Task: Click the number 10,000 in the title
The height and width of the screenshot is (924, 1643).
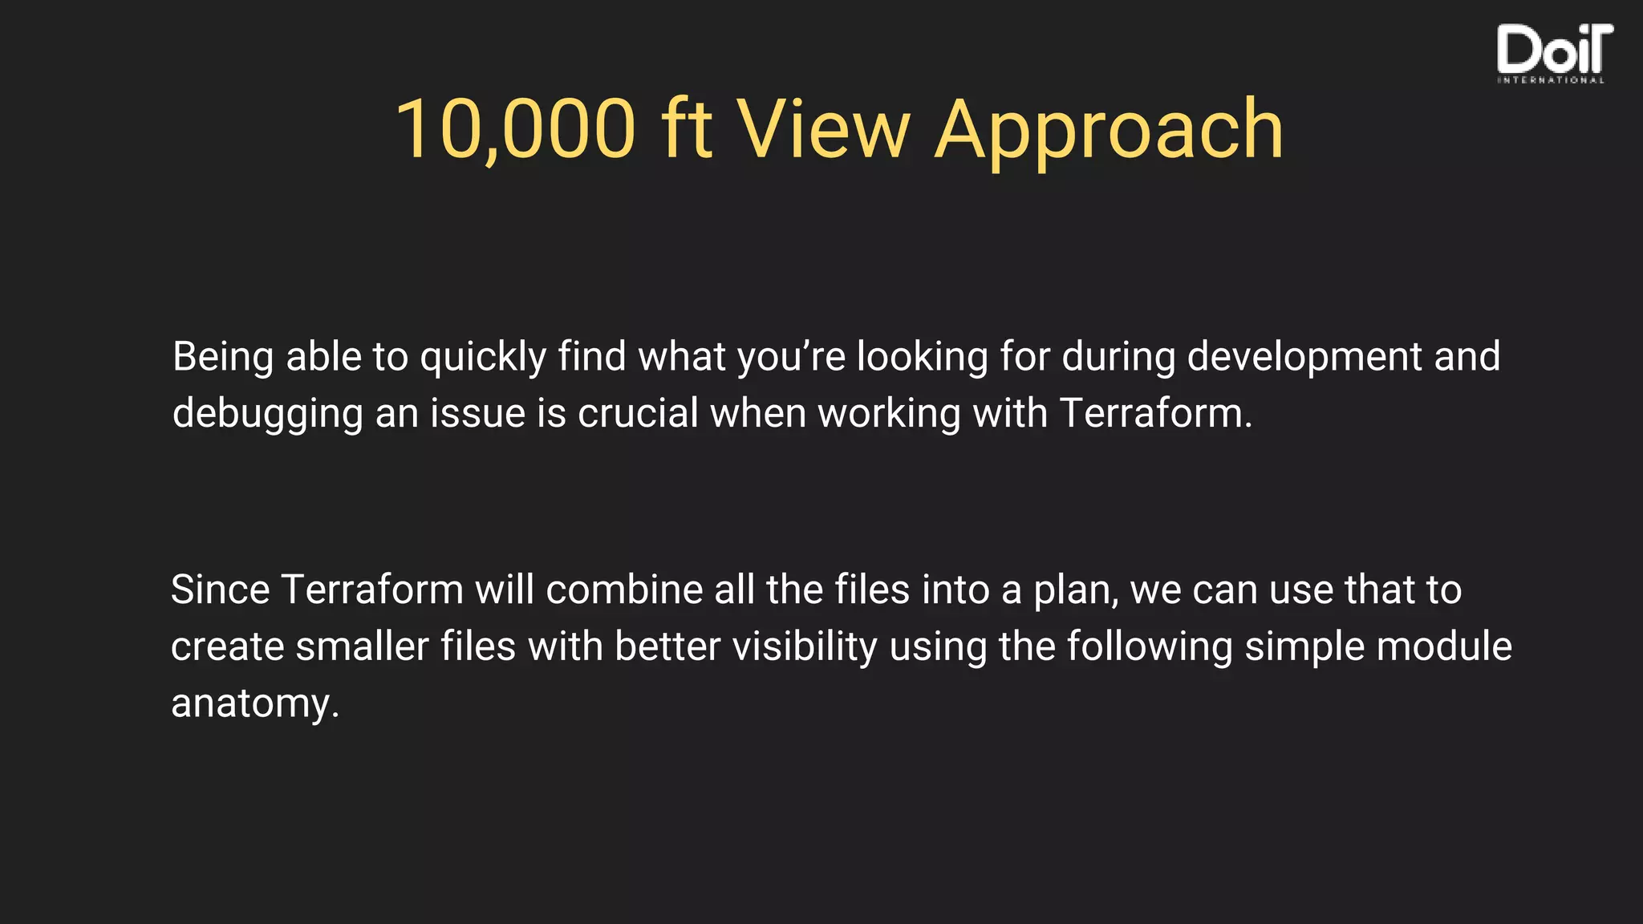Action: (515, 128)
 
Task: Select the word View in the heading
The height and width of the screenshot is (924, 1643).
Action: (824, 128)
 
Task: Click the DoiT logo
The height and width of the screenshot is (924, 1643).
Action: (1554, 50)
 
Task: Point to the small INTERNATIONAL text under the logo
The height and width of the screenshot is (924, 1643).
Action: (1551, 80)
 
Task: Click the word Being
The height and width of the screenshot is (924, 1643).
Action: (223, 357)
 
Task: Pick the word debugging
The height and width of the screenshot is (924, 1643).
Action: (268, 415)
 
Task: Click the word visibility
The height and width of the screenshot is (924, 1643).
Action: (805, 646)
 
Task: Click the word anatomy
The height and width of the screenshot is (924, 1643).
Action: (254, 704)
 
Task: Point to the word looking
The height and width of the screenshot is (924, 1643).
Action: (922, 357)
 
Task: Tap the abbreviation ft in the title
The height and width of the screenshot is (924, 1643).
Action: (687, 128)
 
